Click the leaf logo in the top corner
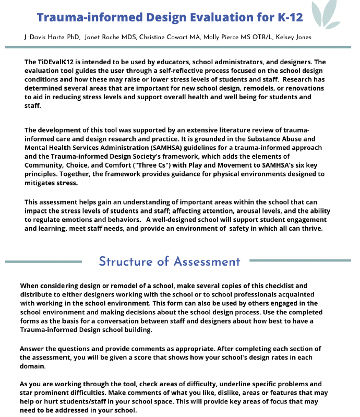coord(329,14)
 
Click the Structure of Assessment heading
coord(169,261)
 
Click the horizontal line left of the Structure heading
coord(44,261)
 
